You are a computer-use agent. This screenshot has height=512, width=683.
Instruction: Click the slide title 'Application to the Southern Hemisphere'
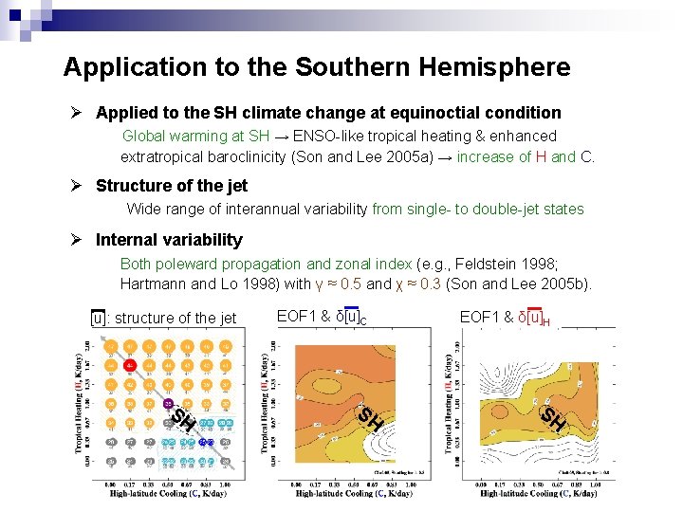click(317, 67)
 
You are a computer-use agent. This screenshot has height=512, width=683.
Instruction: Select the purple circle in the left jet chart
click(169, 404)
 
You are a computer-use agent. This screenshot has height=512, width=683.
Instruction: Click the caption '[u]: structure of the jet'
click(163, 318)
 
